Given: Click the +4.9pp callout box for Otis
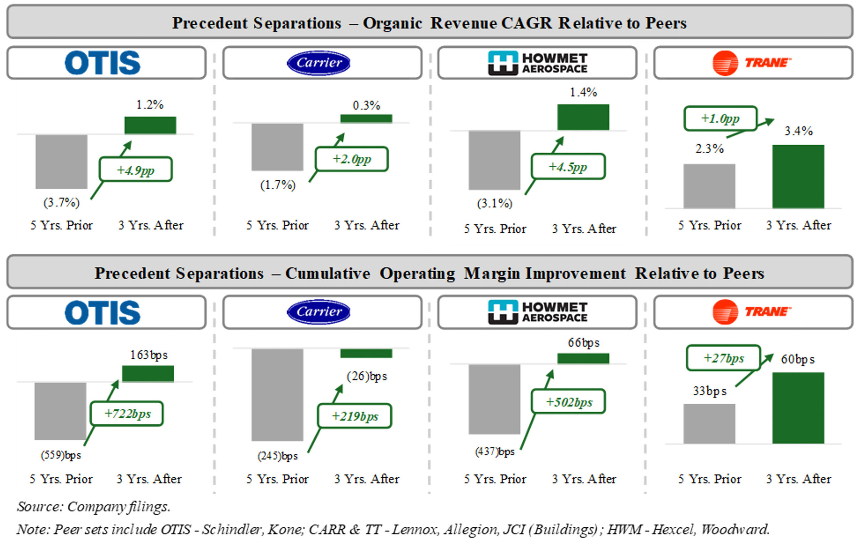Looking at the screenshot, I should [136, 170].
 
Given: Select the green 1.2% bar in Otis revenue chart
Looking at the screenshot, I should [150, 125].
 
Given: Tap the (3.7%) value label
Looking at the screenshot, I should [61, 203].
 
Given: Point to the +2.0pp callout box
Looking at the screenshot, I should [352, 159].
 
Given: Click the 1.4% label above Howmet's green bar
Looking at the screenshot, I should [583, 93].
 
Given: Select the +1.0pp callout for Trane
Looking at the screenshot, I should [720, 119].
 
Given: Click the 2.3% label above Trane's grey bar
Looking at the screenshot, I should [709, 149].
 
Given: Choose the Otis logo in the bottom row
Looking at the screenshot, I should [103, 312].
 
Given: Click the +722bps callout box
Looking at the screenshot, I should [127, 413].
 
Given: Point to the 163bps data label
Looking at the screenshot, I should [149, 355].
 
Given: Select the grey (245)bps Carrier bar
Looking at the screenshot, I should [277, 395].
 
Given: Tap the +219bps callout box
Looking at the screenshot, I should [354, 416].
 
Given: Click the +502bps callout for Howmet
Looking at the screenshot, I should [569, 402].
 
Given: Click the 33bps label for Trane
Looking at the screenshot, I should [709, 391].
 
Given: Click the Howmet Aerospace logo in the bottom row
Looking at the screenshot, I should [537, 312].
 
